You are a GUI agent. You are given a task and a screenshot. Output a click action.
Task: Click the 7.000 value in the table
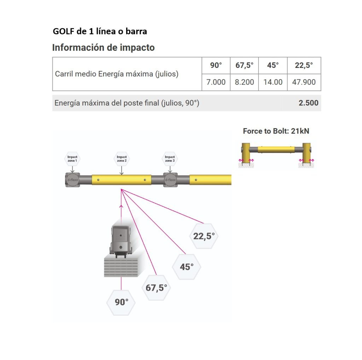pos(216,82)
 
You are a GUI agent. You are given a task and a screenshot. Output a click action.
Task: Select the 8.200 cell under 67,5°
pos(244,82)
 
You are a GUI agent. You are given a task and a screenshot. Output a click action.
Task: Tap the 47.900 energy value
pos(304,82)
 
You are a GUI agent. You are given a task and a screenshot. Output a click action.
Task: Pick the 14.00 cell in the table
pos(273,82)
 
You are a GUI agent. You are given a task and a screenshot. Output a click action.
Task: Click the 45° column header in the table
pos(273,65)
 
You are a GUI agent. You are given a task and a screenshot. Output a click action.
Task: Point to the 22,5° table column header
pos(304,65)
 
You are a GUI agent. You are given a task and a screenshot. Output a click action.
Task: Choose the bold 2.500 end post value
pos(308,103)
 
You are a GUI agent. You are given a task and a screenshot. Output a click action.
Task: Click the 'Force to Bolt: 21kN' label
pos(276,131)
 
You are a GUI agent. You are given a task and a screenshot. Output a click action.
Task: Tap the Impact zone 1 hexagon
pos(72,159)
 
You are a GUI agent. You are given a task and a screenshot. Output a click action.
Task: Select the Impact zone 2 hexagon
pos(122,159)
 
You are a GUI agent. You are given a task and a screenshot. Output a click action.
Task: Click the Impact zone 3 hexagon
pos(170,159)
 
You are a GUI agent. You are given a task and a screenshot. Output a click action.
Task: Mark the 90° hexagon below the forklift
pos(121,302)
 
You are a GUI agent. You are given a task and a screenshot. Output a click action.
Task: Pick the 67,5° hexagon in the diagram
pos(156,288)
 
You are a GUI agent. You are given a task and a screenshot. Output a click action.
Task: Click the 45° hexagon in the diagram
pos(187,267)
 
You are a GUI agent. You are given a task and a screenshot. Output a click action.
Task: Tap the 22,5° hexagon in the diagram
pos(204,236)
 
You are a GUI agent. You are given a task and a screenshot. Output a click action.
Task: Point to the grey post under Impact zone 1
pos(72,180)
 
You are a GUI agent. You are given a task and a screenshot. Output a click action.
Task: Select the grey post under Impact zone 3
pos(170,180)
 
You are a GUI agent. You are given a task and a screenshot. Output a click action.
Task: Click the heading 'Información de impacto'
pos(104,47)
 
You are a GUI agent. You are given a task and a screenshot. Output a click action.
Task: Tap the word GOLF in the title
pos(63,31)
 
